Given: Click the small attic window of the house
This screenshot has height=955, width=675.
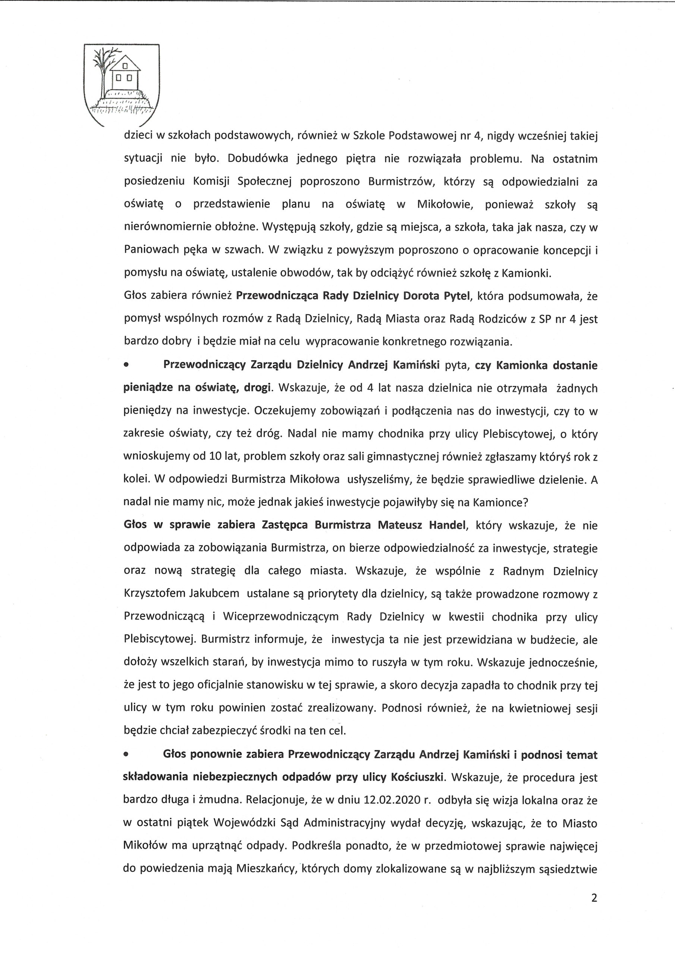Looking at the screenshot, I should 123,65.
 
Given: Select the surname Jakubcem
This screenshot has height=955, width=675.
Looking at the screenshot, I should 214,594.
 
